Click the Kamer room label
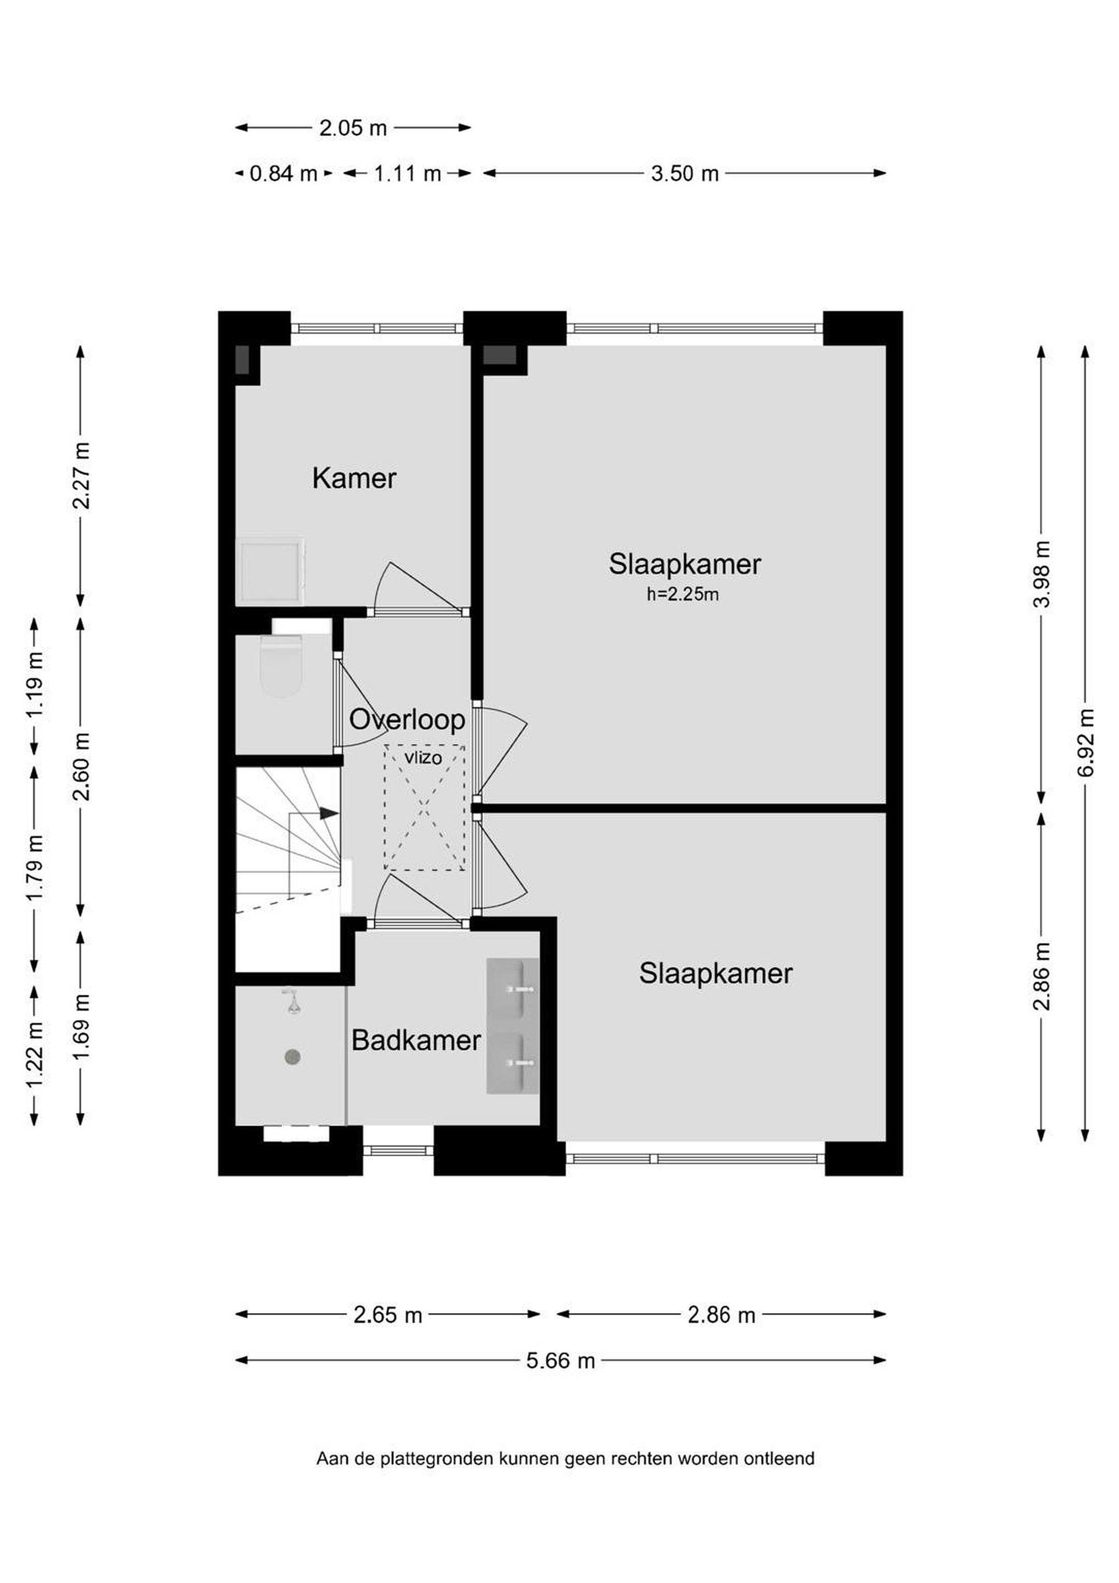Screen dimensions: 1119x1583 (x=354, y=479)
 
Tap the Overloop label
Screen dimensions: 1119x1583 (x=407, y=720)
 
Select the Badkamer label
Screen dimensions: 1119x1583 (x=416, y=1040)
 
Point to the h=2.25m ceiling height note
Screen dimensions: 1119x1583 (x=683, y=594)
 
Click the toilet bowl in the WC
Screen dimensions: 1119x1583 (x=281, y=667)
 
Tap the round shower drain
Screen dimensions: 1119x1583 (x=293, y=1056)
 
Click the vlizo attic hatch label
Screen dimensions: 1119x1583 (x=423, y=759)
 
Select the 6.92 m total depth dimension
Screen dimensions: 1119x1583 (x=1085, y=743)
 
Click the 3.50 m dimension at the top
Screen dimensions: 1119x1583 (x=685, y=173)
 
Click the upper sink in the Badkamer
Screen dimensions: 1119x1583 (x=513, y=989)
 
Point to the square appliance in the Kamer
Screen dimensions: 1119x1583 (x=270, y=572)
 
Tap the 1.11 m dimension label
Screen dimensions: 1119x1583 (x=407, y=173)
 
